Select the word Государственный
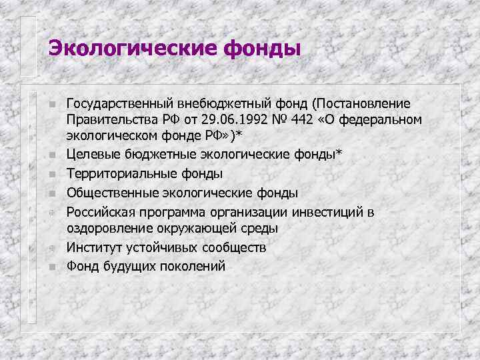tap(119, 104)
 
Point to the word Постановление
tap(363, 104)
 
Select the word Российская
tap(99, 213)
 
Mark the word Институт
tap(93, 248)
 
